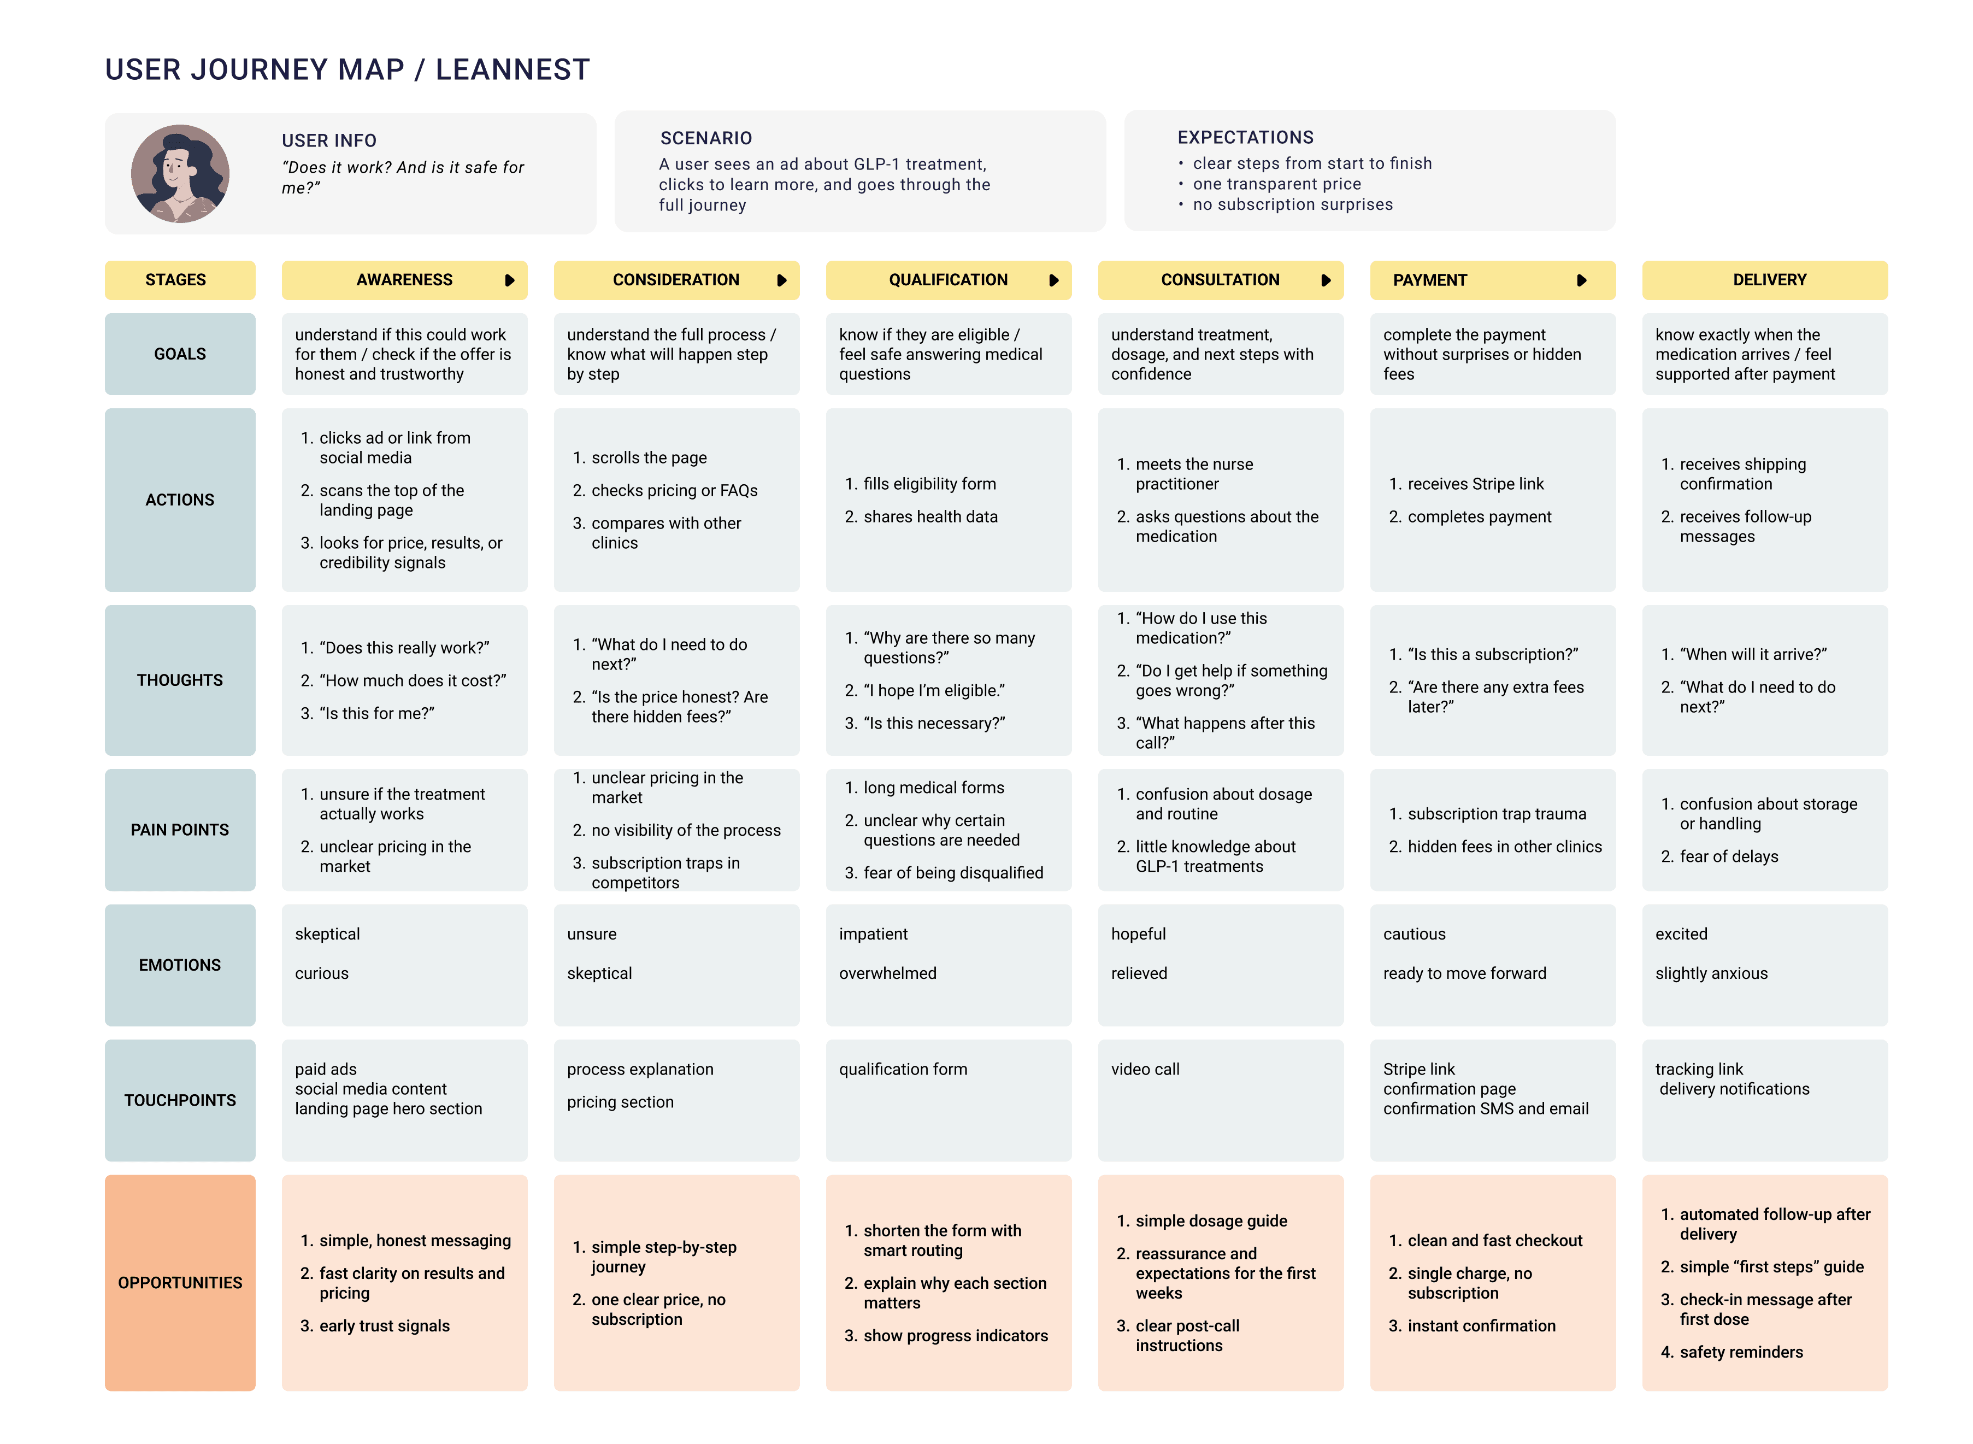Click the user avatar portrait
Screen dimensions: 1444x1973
tap(180, 173)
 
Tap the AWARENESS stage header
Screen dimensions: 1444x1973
tap(404, 280)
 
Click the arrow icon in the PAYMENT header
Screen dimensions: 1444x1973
tap(1581, 280)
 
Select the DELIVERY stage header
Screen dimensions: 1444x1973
tap(1769, 280)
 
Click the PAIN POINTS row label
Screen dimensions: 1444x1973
tap(180, 830)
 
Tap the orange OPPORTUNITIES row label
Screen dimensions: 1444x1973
tap(180, 1282)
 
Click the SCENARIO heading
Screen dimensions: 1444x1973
tap(705, 138)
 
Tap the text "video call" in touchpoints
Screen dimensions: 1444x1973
tap(1145, 1069)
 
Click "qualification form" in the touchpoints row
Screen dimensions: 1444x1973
tap(903, 1069)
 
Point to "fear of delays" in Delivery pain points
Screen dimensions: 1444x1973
tap(1728, 856)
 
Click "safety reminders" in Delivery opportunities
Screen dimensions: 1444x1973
tap(1741, 1352)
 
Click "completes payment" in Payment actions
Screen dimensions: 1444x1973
tap(1479, 516)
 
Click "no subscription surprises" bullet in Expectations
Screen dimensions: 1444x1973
tap(1292, 204)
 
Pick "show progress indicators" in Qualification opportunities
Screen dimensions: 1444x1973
tap(955, 1336)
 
